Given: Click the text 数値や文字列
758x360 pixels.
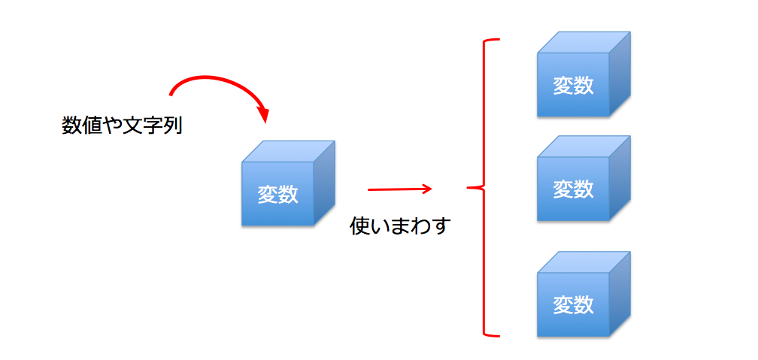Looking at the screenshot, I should tap(122, 126).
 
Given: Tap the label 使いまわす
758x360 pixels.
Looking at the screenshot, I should tap(399, 225).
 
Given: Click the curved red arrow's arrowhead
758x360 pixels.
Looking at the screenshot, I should tap(264, 116).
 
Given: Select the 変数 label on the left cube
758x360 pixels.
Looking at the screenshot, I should tap(277, 195).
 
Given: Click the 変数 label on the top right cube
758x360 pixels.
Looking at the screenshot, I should tap(573, 86).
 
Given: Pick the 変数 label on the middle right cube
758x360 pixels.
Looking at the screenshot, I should tap(573, 189).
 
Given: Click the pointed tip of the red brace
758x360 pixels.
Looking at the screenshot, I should tap(469, 188).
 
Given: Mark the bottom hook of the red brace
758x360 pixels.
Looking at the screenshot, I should tap(493, 334).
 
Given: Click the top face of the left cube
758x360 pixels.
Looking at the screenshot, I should tap(288, 151).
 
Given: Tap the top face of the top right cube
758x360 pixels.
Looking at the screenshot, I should tap(584, 42).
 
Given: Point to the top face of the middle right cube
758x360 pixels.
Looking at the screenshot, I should tap(584, 146).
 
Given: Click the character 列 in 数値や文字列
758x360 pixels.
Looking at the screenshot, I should tap(173, 126).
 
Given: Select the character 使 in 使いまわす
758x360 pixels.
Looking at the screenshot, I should tap(359, 225).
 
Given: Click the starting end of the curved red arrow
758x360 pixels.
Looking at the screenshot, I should tap(171, 95).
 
